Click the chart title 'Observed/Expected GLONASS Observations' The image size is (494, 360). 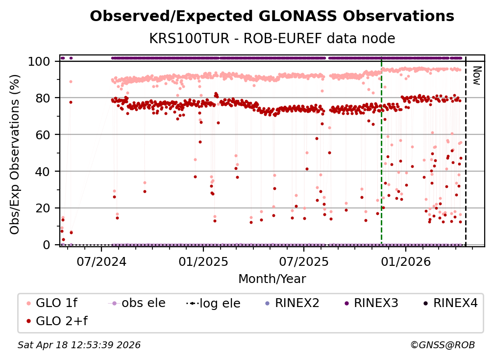[272, 16]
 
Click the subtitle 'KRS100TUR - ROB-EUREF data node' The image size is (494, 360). [272, 38]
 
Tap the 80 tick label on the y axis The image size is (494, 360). [44, 98]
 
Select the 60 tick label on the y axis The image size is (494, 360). [44, 134]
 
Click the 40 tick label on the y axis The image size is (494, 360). [44, 171]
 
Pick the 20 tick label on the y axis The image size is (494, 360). [44, 208]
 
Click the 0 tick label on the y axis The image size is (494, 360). [47, 245]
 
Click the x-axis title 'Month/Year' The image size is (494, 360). [272, 279]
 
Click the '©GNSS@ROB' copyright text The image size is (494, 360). [442, 345]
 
